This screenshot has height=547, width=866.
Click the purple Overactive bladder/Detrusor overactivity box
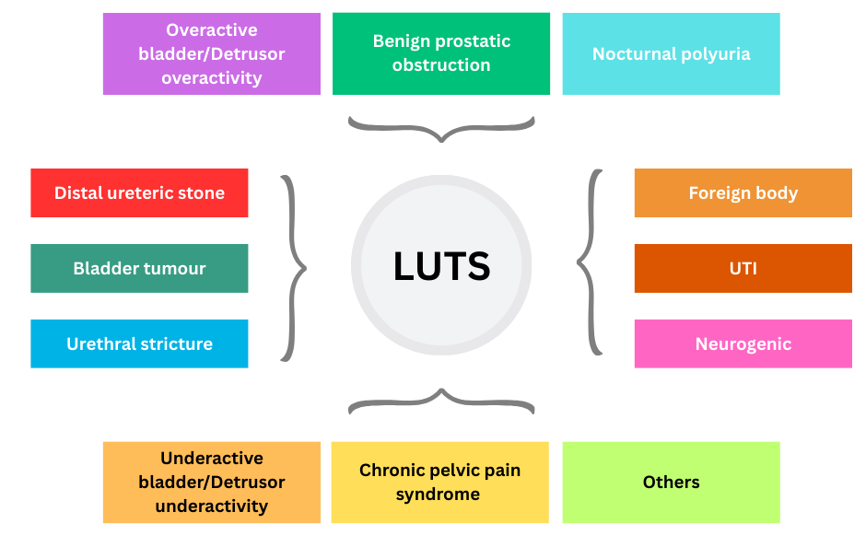pos(211,53)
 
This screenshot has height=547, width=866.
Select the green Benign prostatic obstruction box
pos(441,53)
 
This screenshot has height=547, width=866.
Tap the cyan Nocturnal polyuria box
pos(671,53)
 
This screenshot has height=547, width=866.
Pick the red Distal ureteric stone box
pos(139,192)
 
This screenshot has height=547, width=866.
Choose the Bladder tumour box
pos(139,268)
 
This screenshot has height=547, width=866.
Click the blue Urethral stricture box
pos(139,343)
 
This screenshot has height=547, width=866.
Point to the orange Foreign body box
pos(743,192)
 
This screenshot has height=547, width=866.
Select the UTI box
pos(743,268)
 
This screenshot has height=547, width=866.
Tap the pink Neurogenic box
pos(743,343)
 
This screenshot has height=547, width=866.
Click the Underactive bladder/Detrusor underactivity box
pos(211,482)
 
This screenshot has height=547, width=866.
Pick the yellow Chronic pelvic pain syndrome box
pos(439,482)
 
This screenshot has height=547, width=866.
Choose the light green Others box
pos(671,482)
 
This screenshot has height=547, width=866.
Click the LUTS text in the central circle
pos(441,266)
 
